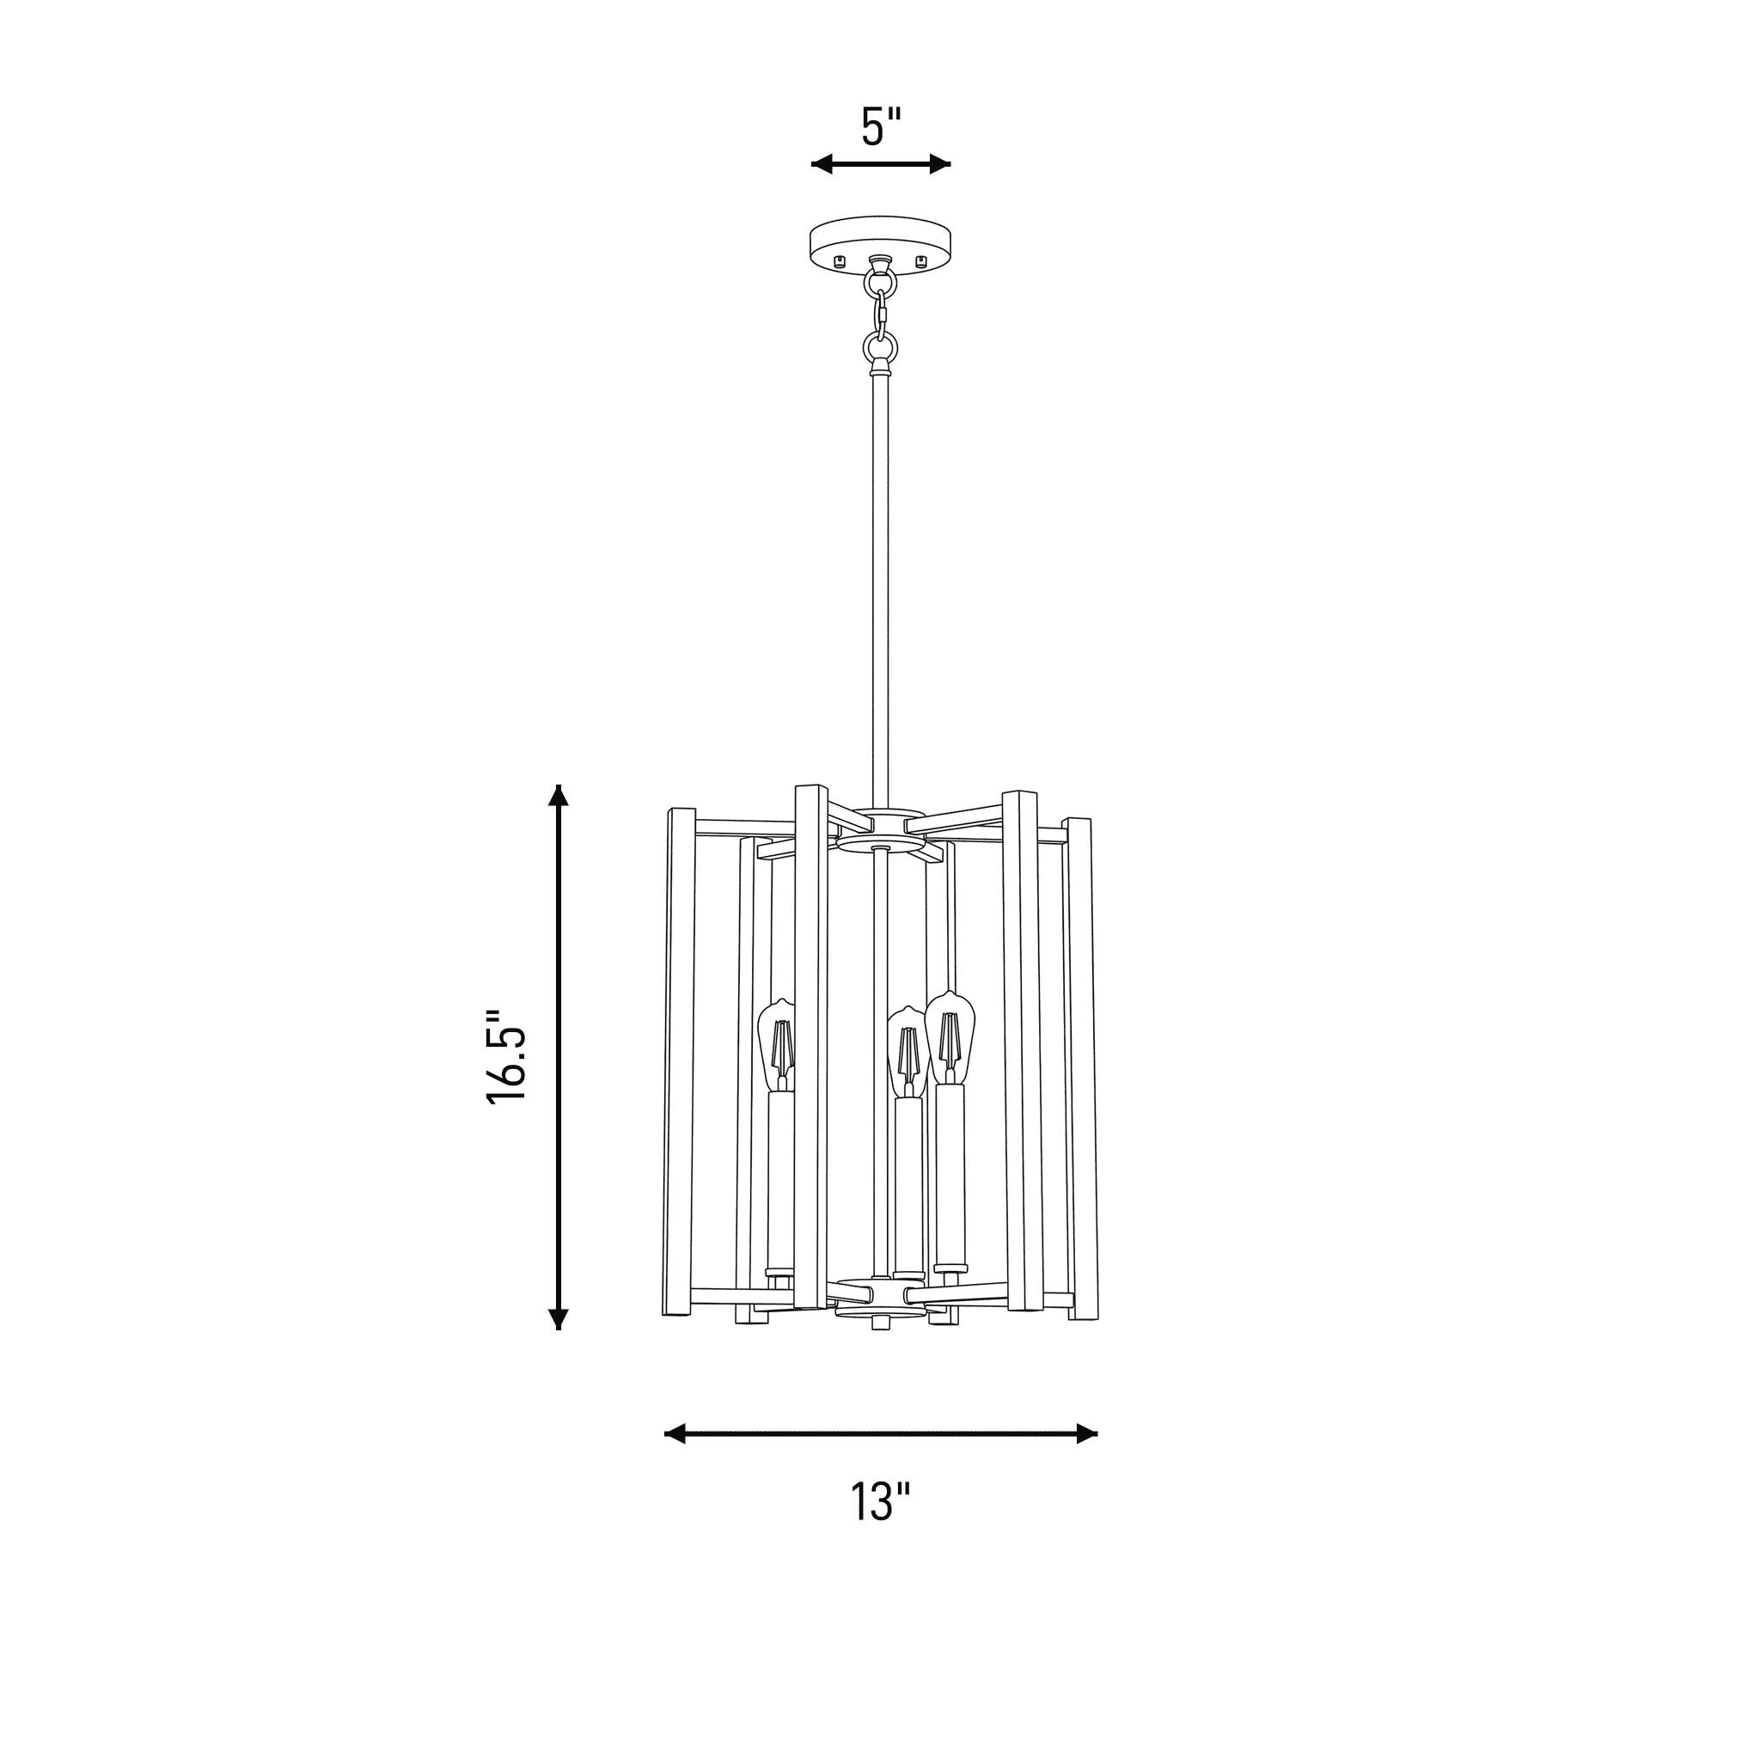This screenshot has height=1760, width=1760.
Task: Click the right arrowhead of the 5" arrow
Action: pos(939,164)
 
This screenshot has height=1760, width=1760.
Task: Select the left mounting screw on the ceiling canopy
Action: pos(840,260)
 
